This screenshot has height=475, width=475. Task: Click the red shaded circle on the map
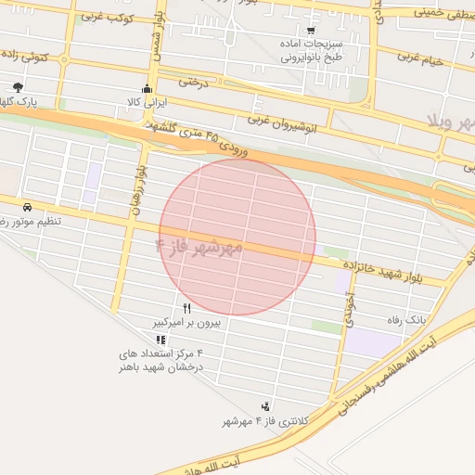(237, 237)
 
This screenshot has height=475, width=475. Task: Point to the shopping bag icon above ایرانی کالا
(146, 90)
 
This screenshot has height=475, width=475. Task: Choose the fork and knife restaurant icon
(187, 309)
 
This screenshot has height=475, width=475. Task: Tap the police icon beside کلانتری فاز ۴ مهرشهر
(266, 405)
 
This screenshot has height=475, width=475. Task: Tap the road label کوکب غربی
(108, 17)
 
